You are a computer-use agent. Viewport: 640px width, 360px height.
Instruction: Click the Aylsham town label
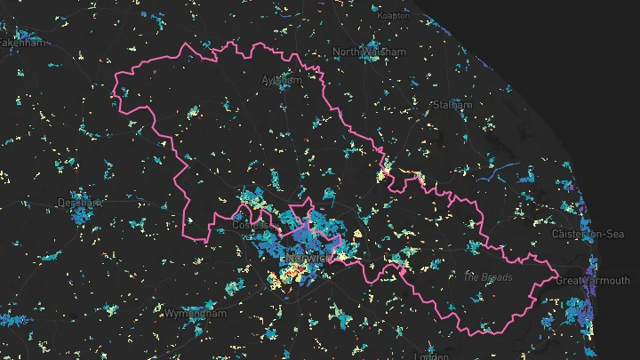coord(282,80)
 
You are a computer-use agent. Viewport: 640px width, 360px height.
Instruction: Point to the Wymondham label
coord(196,314)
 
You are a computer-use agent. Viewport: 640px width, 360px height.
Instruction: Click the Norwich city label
coord(305,258)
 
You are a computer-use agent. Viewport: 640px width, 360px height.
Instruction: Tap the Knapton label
coord(393,15)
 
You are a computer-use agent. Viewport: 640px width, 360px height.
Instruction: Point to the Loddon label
coord(433,356)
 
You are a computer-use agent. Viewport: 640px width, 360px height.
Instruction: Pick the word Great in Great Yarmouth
coord(571,281)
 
